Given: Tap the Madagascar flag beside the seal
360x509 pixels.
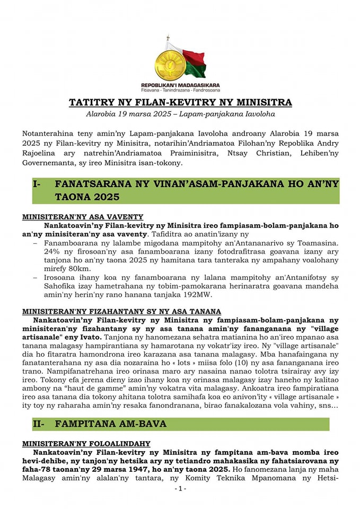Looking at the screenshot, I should pos(193,62).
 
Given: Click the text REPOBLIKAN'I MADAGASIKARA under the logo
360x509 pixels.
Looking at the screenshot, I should pos(180,85).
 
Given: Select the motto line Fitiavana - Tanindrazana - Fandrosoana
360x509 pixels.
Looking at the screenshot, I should pos(180,90).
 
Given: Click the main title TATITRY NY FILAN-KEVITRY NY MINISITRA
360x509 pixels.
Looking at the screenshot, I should pos(180,102).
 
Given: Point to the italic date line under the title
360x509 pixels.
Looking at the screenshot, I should pos(180,114).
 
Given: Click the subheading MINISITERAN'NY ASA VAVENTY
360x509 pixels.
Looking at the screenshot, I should pos(83,217).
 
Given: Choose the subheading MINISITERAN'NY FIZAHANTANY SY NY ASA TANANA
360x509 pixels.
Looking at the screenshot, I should pos(121,311).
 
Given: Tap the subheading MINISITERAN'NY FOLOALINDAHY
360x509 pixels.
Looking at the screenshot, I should pos(86,443).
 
